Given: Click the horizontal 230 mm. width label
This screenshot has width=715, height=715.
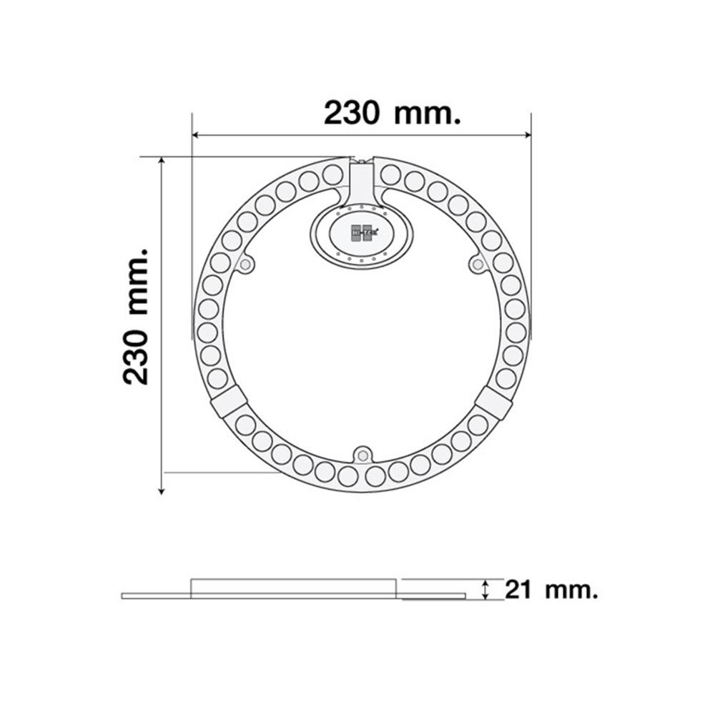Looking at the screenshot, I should pyautogui.click(x=391, y=112).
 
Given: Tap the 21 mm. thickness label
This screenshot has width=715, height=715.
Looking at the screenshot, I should pyautogui.click(x=551, y=590).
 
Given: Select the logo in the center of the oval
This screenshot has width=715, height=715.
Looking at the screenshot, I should pyautogui.click(x=361, y=233).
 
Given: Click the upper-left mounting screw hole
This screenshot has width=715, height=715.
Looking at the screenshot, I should pyautogui.click(x=246, y=265).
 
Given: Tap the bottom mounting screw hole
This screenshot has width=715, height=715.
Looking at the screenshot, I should pyautogui.click(x=362, y=454).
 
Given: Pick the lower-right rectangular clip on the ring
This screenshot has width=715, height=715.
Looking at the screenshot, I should pyautogui.click(x=493, y=403).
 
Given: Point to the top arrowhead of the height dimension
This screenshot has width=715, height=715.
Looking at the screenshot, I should pyautogui.click(x=162, y=162).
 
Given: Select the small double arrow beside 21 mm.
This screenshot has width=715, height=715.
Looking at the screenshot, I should pyautogui.click(x=486, y=590).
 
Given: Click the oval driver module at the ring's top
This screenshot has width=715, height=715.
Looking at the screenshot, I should pyautogui.click(x=361, y=235).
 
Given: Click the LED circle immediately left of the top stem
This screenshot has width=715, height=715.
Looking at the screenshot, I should pyautogui.click(x=332, y=174).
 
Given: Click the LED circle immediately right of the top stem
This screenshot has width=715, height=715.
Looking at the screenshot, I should pyautogui.click(x=390, y=174).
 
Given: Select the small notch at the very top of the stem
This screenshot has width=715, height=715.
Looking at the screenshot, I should pyautogui.click(x=362, y=161).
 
